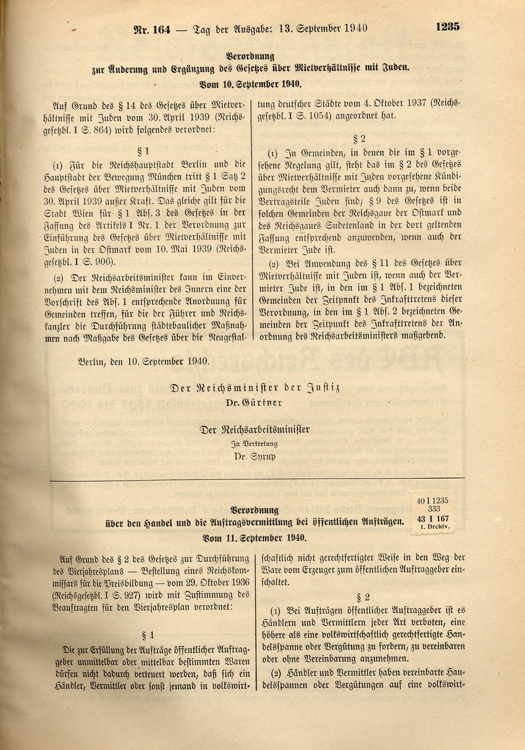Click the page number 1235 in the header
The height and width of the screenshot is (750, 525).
pos(447,27)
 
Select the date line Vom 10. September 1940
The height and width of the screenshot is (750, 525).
pos(250,85)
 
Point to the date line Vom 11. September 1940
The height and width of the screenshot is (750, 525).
pos(250,537)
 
